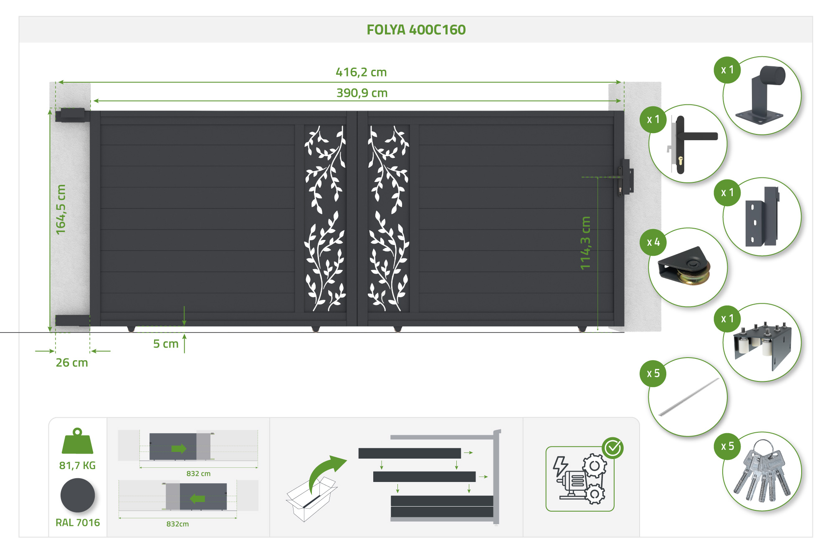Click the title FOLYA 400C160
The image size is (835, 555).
(x=416, y=30)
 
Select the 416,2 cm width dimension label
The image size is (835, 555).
(x=361, y=72)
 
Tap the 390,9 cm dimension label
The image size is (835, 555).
(x=362, y=93)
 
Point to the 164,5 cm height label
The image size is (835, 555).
(x=61, y=209)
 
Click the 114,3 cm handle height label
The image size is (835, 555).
(x=585, y=243)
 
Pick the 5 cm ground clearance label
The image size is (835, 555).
(x=166, y=344)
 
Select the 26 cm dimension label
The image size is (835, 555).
(x=72, y=363)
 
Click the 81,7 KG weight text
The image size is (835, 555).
(x=77, y=465)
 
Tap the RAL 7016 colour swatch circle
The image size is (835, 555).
(x=78, y=495)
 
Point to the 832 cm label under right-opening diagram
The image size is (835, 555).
(x=198, y=474)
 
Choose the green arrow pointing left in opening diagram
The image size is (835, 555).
(x=197, y=499)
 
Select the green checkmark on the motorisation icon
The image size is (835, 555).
(x=613, y=448)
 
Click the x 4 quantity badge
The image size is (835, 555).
(x=653, y=242)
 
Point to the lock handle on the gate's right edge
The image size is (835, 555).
(x=626, y=177)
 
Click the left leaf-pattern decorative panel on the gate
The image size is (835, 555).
(x=325, y=218)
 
